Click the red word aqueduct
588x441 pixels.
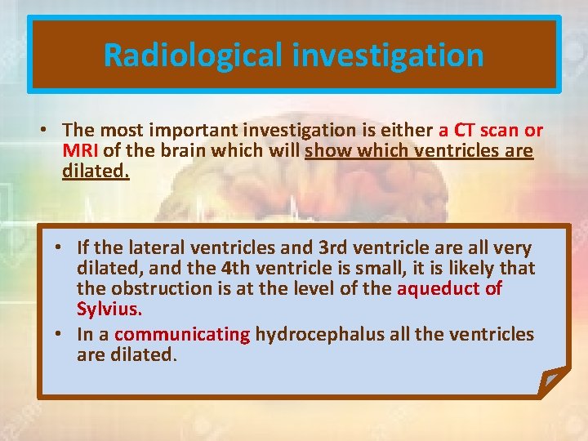[x=439, y=288]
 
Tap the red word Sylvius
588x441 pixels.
[x=109, y=310]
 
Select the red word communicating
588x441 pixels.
[x=182, y=334]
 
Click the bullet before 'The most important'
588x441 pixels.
[x=47, y=131]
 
